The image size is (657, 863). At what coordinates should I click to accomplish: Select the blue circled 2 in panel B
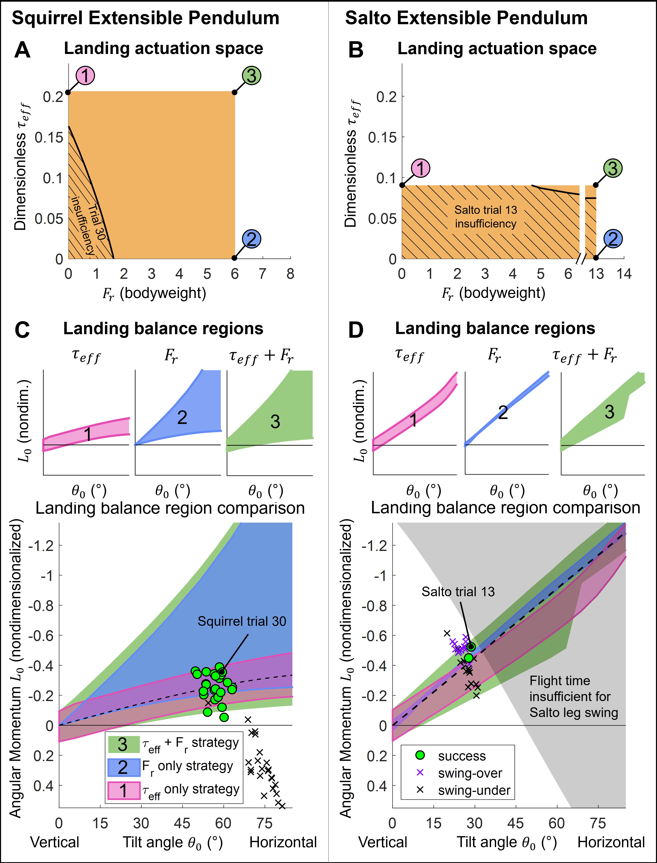[x=613, y=239]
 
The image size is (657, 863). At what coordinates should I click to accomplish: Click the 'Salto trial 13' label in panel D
[x=458, y=591]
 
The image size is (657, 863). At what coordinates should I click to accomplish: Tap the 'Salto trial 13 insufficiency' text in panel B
[x=486, y=217]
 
